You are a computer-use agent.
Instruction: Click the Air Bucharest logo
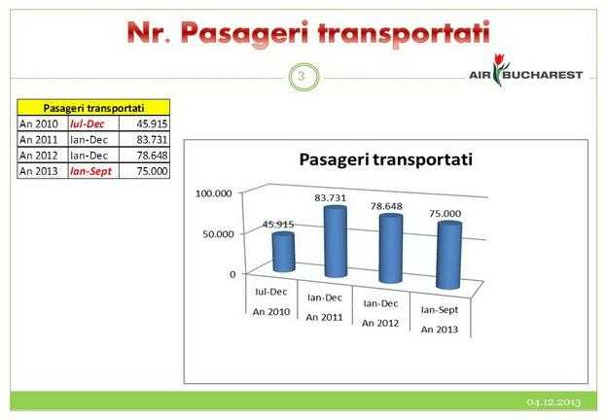click(525, 71)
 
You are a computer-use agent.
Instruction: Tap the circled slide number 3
click(303, 77)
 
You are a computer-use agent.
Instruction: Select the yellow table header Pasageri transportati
click(93, 108)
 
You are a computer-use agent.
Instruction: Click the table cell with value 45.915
click(144, 123)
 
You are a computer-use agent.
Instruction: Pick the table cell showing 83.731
click(144, 139)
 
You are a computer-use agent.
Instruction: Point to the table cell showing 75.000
click(144, 171)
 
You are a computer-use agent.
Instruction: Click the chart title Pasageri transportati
click(386, 159)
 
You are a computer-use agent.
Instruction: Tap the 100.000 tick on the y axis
click(214, 192)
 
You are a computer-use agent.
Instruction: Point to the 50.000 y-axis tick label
click(218, 234)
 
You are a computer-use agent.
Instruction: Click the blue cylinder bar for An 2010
click(284, 252)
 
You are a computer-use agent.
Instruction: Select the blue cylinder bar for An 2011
click(336, 241)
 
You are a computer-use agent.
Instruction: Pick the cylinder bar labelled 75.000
click(449, 256)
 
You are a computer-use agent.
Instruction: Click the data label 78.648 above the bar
click(386, 206)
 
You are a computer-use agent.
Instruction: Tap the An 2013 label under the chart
click(440, 330)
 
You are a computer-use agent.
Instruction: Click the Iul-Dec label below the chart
click(271, 292)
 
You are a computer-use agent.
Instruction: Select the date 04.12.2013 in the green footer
click(553, 402)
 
